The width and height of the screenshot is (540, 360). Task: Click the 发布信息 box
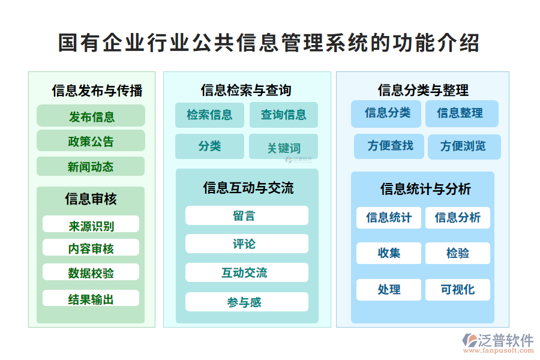pos(91,116)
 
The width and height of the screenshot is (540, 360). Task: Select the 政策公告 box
pos(91,141)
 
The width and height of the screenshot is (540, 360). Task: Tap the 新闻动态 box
pos(91,166)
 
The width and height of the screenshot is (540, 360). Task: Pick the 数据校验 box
pos(91,272)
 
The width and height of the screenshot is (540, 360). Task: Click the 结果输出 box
pos(91,298)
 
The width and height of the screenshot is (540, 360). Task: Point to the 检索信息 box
pos(209,115)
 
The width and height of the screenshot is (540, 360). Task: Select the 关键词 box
pos(283,147)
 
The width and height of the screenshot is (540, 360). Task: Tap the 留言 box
pos(247,215)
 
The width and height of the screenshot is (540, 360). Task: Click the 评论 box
pos(247,244)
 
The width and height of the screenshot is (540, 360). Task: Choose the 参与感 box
pos(247,302)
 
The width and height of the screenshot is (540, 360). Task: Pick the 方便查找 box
pos(389,146)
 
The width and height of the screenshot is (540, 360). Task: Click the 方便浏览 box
pos(464,146)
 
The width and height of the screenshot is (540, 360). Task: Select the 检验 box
pos(457,253)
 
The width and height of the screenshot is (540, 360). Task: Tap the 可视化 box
pos(457,290)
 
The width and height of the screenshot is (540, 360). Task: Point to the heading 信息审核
pos(91,199)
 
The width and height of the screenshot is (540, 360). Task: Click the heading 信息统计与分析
pos(425,189)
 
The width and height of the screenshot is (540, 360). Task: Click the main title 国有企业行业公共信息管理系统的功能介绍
pos(269,43)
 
